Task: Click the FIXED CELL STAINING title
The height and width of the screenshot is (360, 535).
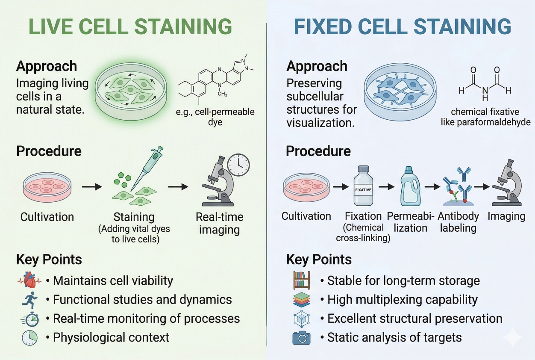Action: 403,27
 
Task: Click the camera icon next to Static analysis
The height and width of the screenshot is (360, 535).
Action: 301,338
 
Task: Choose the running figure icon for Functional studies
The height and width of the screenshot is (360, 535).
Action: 29,300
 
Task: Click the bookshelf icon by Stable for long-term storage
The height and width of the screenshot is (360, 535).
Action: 301,280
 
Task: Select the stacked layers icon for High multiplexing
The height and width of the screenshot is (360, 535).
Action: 301,299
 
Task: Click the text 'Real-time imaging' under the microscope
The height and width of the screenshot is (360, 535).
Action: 220,223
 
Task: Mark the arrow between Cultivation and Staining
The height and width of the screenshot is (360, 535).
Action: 91,187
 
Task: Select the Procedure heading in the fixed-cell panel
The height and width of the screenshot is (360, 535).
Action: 318,151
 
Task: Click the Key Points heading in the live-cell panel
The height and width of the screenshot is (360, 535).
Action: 49,260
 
